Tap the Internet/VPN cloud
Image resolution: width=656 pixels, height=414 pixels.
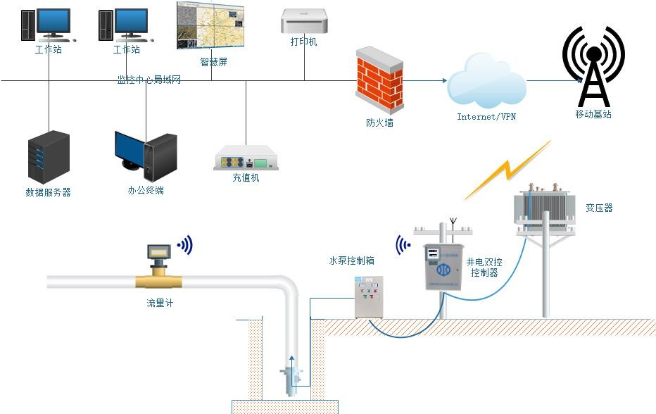[x=487, y=82]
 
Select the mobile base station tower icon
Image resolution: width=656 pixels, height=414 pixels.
[x=593, y=66]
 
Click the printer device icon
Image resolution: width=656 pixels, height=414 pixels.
[x=304, y=21]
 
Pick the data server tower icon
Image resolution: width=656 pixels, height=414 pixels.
[x=49, y=157]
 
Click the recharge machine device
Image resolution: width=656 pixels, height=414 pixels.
[x=246, y=158]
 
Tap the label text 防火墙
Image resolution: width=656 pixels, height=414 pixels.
[x=379, y=123]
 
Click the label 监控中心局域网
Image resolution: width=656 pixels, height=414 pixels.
[x=149, y=80]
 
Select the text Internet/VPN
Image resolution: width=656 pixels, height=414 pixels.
[x=486, y=117]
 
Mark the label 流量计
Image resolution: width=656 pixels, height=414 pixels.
[x=160, y=304]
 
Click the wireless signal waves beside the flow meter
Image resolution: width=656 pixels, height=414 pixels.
[x=185, y=245]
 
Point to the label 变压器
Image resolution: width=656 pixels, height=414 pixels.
[x=599, y=208]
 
